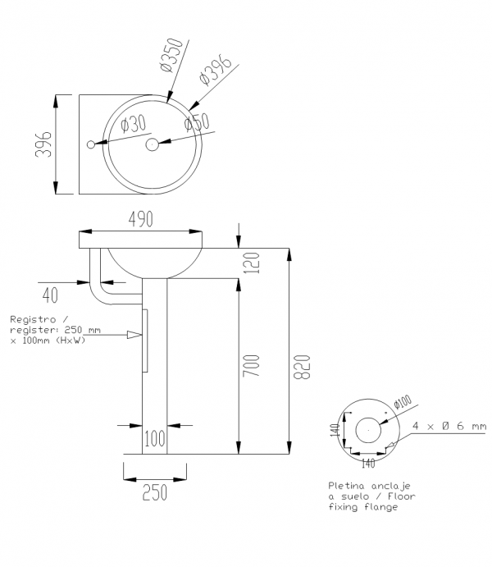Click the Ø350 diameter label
[171, 54]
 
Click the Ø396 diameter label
[215, 70]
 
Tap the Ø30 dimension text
[134, 124]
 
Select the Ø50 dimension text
[197, 121]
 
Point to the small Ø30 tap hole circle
[91, 144]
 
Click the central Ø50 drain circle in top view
[152, 144]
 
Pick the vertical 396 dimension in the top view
[43, 144]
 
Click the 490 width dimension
[140, 219]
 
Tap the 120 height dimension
[252, 263]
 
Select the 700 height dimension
[251, 366]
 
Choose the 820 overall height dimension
[302, 367]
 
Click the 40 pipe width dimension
[50, 295]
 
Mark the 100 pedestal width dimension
[155, 439]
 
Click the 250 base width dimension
[155, 492]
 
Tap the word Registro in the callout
[33, 319]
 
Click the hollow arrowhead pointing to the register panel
[134, 335]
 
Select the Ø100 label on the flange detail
[403, 401]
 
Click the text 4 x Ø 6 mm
[449, 426]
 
